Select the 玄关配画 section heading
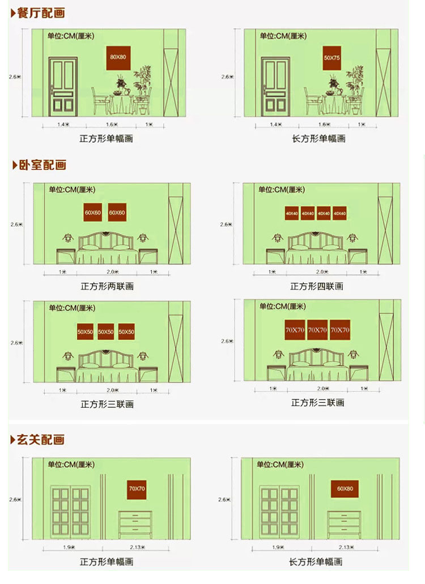click(41, 439)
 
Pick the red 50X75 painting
click(331, 58)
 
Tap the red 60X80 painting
click(345, 489)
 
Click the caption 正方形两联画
click(107, 287)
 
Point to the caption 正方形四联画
click(317, 287)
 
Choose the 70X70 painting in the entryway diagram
click(137, 489)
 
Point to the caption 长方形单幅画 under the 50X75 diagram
click(318, 139)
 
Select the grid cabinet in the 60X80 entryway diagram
click(278, 510)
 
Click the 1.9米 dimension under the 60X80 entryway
click(278, 548)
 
